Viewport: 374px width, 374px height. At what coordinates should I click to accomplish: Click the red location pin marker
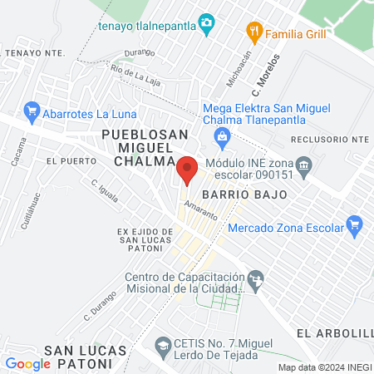(188, 169)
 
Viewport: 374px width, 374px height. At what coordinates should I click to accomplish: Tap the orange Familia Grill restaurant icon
(254, 34)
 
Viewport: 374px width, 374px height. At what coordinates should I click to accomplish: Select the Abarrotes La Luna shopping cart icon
(32, 110)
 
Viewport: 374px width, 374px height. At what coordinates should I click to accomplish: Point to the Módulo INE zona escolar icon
(304, 165)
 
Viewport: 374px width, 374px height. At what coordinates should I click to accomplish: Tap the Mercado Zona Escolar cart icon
(355, 223)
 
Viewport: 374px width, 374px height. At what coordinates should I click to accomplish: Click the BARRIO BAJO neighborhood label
(254, 194)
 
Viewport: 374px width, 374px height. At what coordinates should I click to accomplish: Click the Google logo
(28, 363)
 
